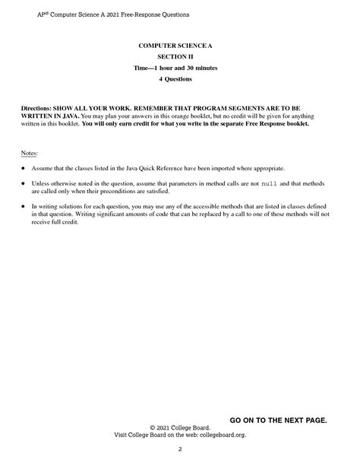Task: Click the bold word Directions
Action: tap(38, 109)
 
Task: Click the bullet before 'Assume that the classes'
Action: tap(23, 168)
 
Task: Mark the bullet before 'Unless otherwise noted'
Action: tap(23, 185)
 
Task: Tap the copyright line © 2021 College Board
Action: tap(180, 428)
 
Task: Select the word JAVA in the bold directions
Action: tap(63, 116)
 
